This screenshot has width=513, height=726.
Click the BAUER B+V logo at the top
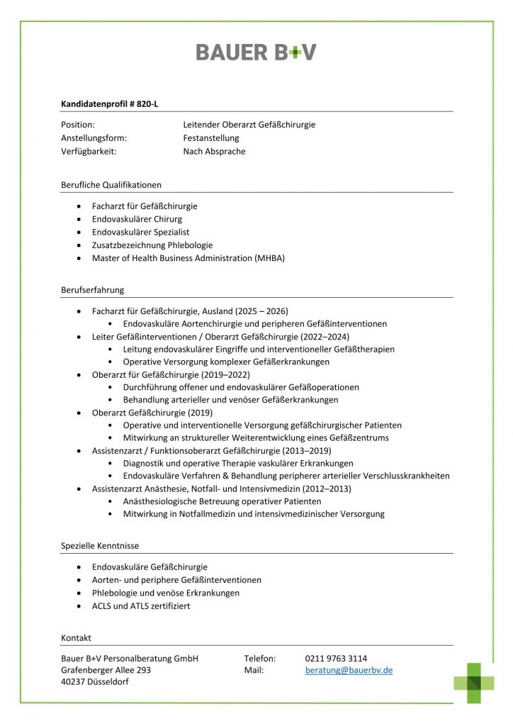pyautogui.click(x=256, y=52)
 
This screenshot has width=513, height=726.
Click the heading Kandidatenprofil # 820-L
pyautogui.click(x=110, y=104)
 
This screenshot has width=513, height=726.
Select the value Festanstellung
pyautogui.click(x=211, y=138)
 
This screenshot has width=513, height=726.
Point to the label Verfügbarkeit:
pyautogui.click(x=89, y=151)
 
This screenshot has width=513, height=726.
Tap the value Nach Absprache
pyautogui.click(x=214, y=151)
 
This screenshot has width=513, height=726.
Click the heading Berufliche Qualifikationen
pyautogui.click(x=111, y=184)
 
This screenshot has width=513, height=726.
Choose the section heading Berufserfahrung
pyautogui.click(x=93, y=289)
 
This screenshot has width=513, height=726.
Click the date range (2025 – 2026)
pyautogui.click(x=259, y=311)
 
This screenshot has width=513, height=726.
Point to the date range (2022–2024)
pyautogui.click(x=325, y=336)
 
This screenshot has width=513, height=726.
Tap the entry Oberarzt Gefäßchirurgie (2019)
pyautogui.click(x=152, y=413)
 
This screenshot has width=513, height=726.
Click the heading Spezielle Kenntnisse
pyautogui.click(x=100, y=545)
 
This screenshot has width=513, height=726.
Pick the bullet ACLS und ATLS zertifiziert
pyautogui.click(x=141, y=606)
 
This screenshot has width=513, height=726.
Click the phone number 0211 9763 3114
pyautogui.click(x=336, y=658)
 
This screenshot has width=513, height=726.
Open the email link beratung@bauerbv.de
pyautogui.click(x=349, y=670)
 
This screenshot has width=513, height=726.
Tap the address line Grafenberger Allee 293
pyautogui.click(x=106, y=670)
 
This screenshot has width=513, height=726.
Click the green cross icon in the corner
pyautogui.click(x=474, y=682)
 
